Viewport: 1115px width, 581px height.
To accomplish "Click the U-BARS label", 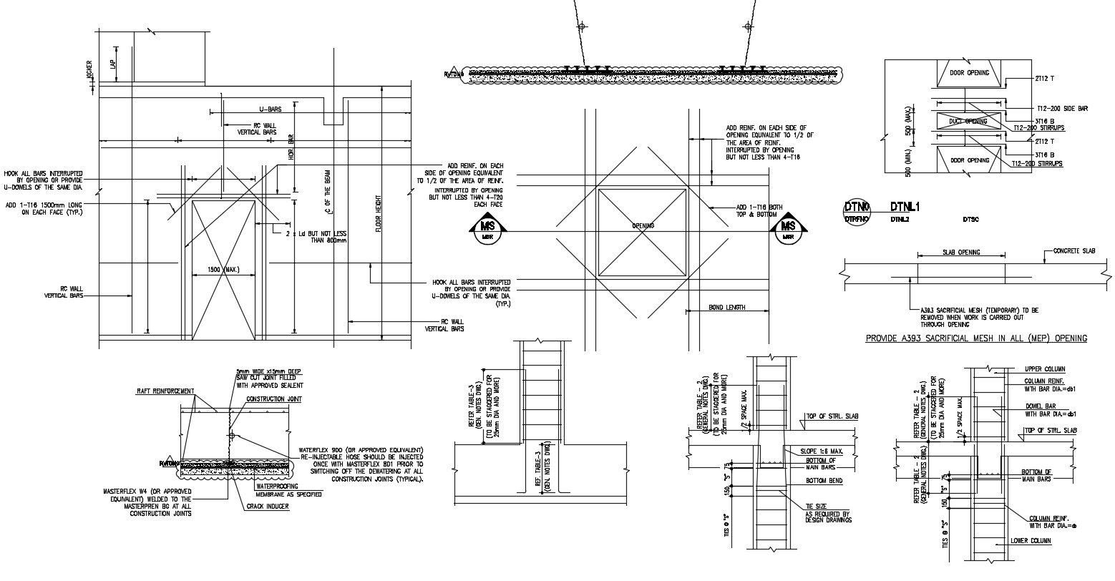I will click(270, 109).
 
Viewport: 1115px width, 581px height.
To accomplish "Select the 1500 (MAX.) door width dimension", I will click(223, 270).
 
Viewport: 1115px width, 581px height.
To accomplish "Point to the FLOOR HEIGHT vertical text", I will click(379, 215).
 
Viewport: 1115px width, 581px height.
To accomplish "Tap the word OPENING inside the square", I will click(643, 226).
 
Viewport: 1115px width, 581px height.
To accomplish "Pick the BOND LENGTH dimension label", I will click(726, 308).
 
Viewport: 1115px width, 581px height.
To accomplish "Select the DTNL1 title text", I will click(905, 207).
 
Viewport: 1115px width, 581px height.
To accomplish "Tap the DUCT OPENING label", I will click(968, 122).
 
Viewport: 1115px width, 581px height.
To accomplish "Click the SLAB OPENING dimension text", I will click(960, 253).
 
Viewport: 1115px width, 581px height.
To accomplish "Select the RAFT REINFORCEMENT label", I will click(165, 391).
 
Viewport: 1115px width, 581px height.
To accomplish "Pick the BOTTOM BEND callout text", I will click(824, 482).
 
